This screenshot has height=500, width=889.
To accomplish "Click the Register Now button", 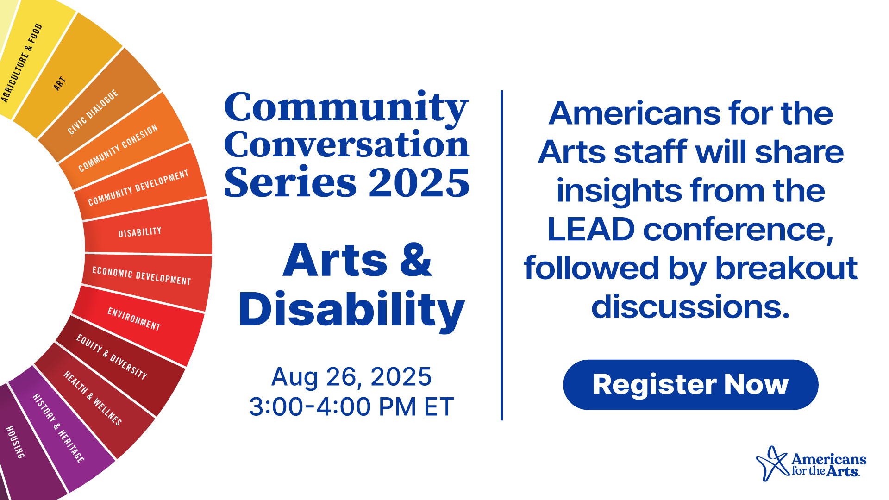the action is click(690, 385).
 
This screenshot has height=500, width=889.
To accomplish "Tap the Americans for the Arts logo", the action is click(811, 463).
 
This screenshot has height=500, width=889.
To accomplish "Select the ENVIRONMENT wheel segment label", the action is click(134, 319).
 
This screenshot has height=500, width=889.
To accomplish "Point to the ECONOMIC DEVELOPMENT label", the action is click(141, 276).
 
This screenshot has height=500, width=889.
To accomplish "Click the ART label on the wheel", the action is click(59, 84).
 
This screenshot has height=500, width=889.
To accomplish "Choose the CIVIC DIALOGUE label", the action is click(93, 112).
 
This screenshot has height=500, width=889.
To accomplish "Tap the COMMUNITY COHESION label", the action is click(118, 148).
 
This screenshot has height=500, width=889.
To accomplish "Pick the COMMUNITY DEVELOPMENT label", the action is click(138, 187).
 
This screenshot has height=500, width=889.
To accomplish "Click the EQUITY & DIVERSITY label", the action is click(112, 357).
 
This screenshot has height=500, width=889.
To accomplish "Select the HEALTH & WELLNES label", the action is click(93, 398).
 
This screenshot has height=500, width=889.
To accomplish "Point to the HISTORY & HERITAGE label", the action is click(59, 428).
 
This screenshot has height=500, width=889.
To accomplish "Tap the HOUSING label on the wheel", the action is click(15, 443).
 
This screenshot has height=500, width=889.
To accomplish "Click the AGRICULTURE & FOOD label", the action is click(21, 63).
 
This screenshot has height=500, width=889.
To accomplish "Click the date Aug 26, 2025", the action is click(351, 377).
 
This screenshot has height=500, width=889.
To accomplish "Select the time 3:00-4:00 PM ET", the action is click(351, 407).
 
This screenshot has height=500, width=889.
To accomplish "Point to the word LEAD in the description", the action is click(591, 230).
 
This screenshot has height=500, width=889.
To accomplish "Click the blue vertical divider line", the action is click(502, 255).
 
